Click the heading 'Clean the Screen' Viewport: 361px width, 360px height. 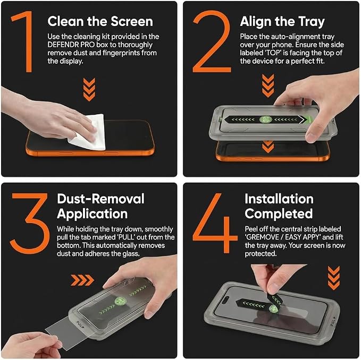(100, 21)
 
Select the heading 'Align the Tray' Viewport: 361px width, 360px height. (282, 22)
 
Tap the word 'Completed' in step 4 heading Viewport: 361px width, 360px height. (279, 214)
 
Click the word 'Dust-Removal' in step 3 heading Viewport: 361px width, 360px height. (100, 199)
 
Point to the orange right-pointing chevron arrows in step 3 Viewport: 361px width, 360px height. (82, 280)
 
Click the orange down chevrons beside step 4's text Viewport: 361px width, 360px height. (334, 278)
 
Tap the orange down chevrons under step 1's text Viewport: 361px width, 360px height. (89, 90)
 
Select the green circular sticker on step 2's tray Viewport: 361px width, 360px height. (265, 119)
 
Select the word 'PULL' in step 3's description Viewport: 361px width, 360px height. (126, 237)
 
